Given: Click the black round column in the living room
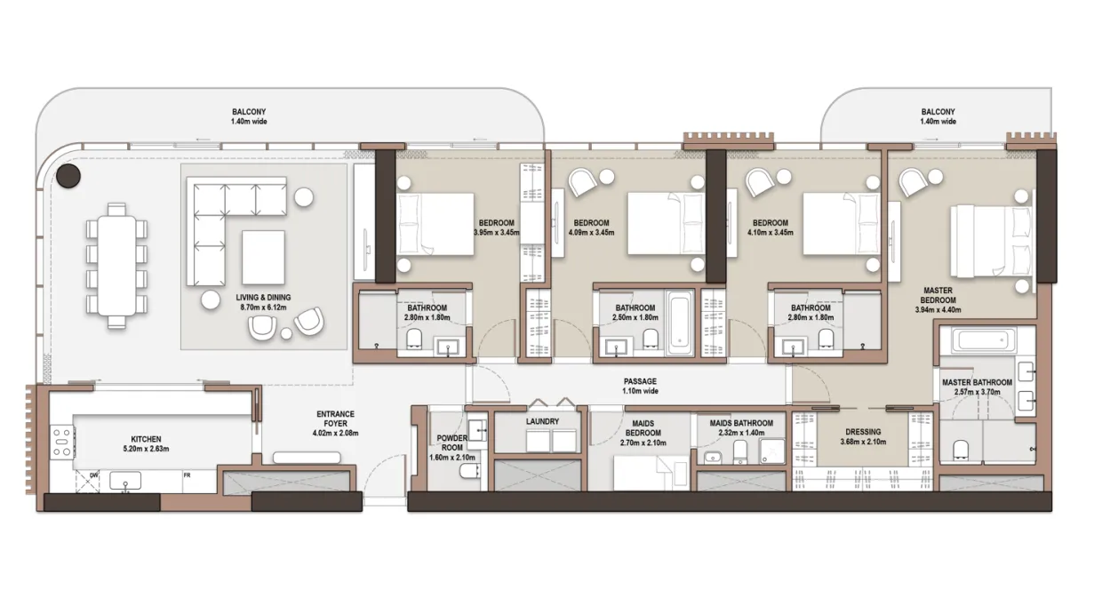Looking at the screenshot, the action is pos(68,175).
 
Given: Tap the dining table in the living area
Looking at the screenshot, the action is pos(116,266).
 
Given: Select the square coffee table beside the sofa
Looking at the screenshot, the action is pos(263,257).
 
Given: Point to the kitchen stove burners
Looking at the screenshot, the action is pos(62,442).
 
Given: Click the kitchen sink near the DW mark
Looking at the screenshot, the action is pos(125,481).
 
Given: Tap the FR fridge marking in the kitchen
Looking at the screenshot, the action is pos(187,475).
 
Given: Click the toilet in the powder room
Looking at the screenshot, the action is pos(467,471).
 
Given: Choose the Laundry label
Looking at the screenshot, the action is pos(542,421).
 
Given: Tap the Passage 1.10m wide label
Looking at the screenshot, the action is pos(640,386).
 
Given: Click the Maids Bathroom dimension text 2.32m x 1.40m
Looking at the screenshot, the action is pos(741,433).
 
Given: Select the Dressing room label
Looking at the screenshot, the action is pos(863,432).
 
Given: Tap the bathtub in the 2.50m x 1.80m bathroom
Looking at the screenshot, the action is pos(679,323).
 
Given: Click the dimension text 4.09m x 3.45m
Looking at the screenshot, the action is pos(591,232).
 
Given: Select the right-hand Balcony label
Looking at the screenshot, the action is pos(938,116).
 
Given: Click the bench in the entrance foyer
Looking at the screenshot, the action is pos(307,458).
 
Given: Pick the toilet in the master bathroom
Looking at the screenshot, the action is pos(961,450).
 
